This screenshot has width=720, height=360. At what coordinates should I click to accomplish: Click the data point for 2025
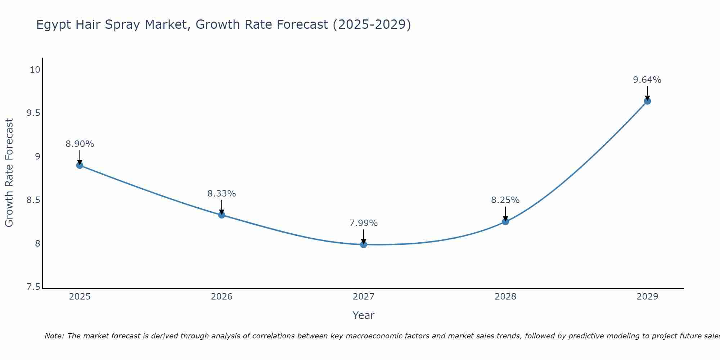coord(80,166)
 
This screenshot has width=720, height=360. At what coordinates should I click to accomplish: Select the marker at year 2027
coord(364,244)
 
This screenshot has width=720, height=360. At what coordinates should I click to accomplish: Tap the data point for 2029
coord(647,101)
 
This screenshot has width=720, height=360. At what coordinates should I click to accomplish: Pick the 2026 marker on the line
coord(222,215)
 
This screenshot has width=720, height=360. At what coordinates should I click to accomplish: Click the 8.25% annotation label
coord(505,200)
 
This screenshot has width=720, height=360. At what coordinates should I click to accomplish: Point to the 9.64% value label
coord(647,80)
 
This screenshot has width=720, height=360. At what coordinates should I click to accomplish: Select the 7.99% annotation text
coord(364,223)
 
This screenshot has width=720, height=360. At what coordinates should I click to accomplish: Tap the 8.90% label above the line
coord(80,144)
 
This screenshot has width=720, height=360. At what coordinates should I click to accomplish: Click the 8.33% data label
coord(221,194)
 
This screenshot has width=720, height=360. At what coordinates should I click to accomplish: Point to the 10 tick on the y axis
coord(35,70)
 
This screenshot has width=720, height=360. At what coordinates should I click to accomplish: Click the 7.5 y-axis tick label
coord(33,287)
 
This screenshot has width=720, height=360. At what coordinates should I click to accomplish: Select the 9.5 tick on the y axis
coord(33,113)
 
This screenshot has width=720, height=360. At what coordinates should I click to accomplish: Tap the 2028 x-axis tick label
coord(505,297)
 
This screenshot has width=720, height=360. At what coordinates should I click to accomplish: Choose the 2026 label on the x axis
coord(221,297)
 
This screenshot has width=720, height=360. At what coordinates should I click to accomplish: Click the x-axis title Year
coord(363,315)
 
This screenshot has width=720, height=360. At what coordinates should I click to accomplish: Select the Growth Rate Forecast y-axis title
coord(9,172)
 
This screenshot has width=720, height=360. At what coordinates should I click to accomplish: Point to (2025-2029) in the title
coord(372,24)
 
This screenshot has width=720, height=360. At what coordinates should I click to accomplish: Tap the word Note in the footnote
coord(54,336)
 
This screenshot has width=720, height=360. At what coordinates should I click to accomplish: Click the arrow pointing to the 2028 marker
coord(505,213)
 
